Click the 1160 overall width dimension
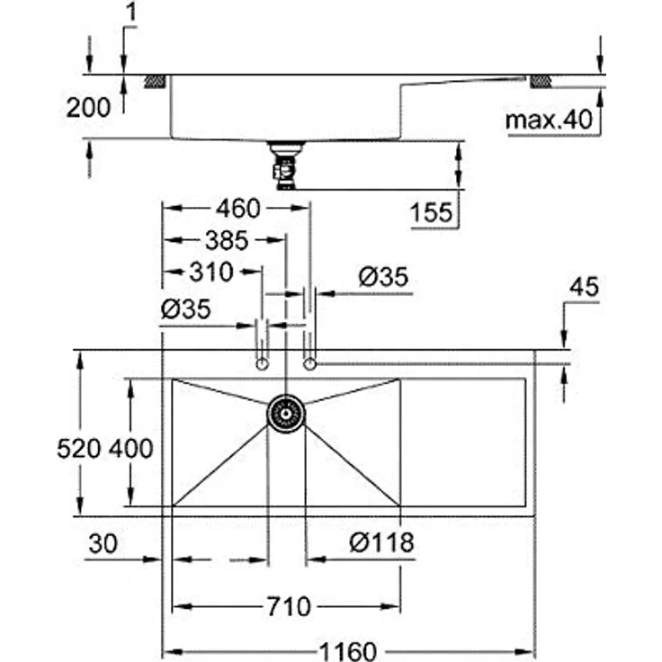pyautogui.click(x=346, y=650)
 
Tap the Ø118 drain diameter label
pyautogui.click(x=381, y=542)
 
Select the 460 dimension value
pyautogui.click(x=237, y=209)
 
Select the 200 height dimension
pyautogui.click(x=88, y=107)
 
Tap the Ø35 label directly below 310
pyautogui.click(x=185, y=309)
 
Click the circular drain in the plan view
pyautogui.click(x=286, y=414)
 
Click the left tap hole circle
pyautogui.click(x=262, y=363)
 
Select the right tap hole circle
pyautogui.click(x=310, y=363)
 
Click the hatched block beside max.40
pyautogui.click(x=541, y=82)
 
